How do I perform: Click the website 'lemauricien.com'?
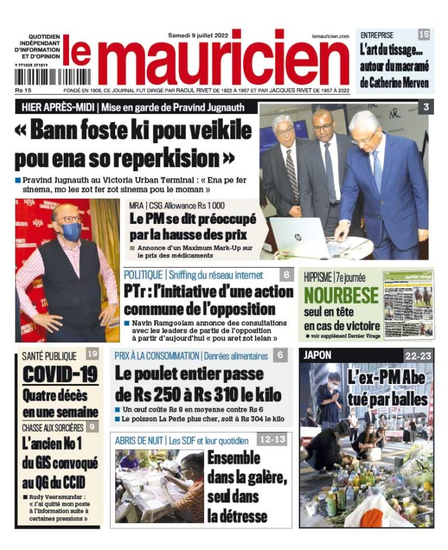[x=330, y=37]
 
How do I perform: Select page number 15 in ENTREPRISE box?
[x=424, y=35]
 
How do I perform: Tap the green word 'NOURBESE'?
[x=341, y=295]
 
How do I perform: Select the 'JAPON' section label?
[x=317, y=354]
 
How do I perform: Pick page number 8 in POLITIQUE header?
[x=286, y=275]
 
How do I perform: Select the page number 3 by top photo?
[x=425, y=108]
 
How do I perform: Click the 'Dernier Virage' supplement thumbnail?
[x=408, y=303]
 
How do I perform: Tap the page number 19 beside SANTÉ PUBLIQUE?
[x=92, y=354]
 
